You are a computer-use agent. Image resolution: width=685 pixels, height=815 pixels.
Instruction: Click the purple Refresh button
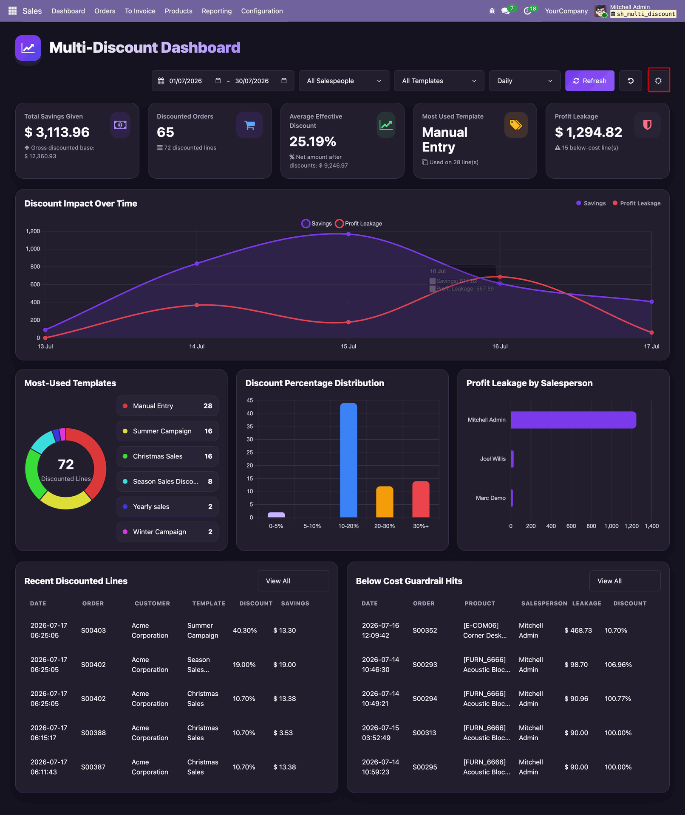(589, 81)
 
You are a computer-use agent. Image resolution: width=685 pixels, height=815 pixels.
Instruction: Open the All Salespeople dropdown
(344, 81)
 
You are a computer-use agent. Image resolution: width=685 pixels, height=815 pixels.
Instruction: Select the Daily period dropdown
(525, 81)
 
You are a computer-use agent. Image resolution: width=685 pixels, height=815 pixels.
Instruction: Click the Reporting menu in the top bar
(217, 11)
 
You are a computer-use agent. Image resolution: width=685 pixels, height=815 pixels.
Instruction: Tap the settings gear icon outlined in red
(658, 81)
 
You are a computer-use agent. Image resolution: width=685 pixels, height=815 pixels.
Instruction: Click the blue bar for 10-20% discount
(348, 460)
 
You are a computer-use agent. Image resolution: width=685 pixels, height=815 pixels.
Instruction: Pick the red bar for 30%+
(421, 499)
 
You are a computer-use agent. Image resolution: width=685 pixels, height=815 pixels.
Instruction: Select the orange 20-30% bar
(385, 502)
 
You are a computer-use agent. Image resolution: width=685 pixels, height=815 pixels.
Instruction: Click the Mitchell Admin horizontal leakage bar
(573, 420)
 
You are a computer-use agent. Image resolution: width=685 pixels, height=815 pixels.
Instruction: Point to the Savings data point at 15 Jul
(348, 234)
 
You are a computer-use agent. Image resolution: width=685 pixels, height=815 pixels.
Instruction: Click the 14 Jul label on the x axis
(197, 346)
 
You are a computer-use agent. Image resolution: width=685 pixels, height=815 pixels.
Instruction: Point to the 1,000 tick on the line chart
(33, 249)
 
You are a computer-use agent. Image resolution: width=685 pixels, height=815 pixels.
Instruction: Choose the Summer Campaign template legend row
(167, 431)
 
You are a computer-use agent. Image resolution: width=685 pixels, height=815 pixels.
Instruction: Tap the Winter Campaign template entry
(167, 532)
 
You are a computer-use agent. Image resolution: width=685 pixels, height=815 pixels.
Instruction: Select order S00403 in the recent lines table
(93, 630)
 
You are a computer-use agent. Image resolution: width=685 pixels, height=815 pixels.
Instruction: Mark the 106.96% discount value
(618, 665)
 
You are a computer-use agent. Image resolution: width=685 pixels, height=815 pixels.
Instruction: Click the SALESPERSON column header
(544, 603)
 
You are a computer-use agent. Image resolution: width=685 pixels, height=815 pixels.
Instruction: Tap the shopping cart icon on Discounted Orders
(249, 125)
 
